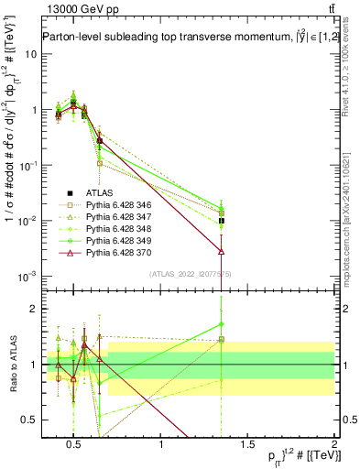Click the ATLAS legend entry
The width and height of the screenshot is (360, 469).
click(98, 193)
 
